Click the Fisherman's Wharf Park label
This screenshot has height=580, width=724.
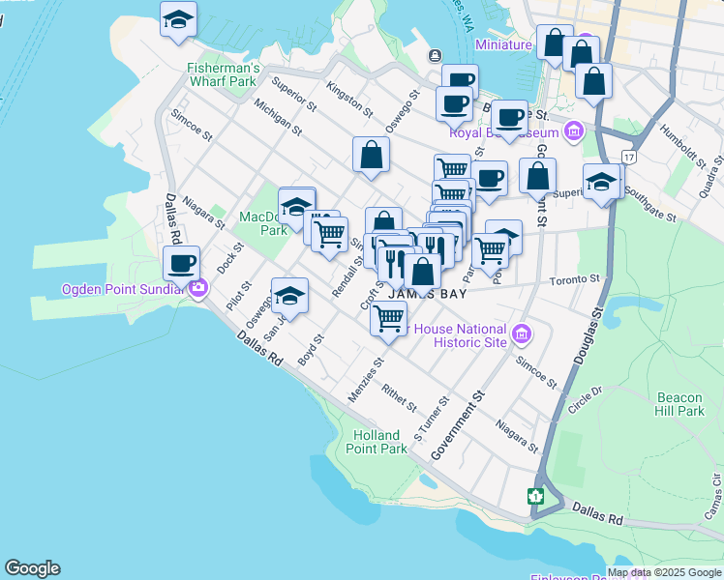pos(224,74)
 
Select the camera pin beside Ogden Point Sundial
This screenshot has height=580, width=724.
pos(198,287)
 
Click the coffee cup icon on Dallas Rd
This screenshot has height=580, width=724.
pos(181,263)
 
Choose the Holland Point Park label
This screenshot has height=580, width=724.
pos(379,442)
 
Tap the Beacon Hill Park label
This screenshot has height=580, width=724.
pos(680,404)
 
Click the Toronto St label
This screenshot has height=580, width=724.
pos(576,278)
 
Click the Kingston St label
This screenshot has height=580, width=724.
pos(349,98)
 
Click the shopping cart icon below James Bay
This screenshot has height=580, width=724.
pos(389,317)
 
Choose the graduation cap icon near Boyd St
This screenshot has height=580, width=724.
pos(289,295)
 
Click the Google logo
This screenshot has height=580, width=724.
pos(32,568)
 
